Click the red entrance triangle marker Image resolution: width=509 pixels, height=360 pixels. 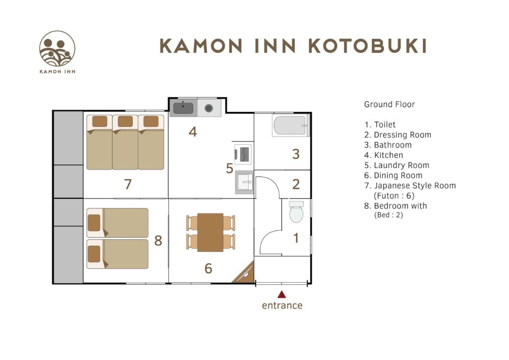click(282, 294)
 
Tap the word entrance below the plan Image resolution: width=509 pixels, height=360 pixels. click(282, 305)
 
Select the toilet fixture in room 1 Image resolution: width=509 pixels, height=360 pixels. click(296, 212)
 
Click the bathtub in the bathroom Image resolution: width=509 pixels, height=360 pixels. click(290, 126)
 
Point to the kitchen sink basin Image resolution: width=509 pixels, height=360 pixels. click(183, 108)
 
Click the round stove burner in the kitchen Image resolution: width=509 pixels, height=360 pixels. click(209, 108)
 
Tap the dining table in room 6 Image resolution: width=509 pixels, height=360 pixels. click(210, 232)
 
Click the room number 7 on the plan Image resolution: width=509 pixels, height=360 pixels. click(128, 184)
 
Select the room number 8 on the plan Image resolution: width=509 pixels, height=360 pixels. click(158, 241)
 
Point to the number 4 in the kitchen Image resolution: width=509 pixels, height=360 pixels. click(193, 132)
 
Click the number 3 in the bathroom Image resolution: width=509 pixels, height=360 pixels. click(296, 154)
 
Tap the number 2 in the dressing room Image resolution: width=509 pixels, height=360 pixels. click(296, 184)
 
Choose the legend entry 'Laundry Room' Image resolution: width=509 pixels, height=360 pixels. click(401, 165)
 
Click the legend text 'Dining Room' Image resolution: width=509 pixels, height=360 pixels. click(398, 176)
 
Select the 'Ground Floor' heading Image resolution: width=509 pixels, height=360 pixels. click(389, 104)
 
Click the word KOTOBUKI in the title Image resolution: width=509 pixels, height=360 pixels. click(368, 46)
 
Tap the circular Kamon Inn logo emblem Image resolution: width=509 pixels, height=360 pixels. click(57, 49)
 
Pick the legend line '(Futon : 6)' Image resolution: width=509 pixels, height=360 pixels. click(394, 196)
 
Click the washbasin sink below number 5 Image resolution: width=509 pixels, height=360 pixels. click(244, 182)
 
